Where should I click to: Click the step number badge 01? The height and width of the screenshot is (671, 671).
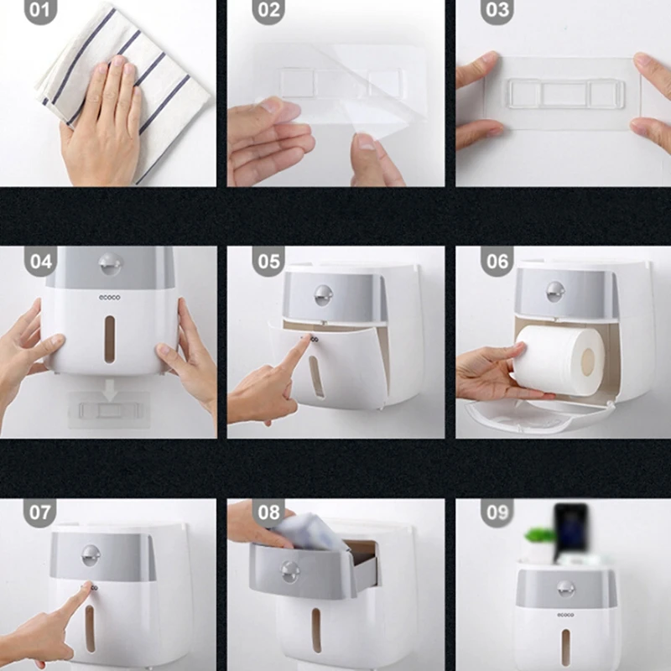tap(40, 10)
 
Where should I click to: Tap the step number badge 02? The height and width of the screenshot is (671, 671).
tap(268, 10)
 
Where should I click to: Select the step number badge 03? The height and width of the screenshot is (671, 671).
tap(497, 10)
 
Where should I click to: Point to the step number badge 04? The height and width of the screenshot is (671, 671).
tap(40, 261)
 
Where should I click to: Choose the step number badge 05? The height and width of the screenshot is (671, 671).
tap(268, 261)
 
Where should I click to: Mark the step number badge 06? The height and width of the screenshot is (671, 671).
tap(497, 261)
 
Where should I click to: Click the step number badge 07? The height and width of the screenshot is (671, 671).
tap(40, 512)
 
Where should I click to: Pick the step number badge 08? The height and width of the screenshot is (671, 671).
tap(268, 512)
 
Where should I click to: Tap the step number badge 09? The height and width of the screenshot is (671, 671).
tap(497, 512)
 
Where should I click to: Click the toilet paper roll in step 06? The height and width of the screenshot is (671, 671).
tap(559, 361)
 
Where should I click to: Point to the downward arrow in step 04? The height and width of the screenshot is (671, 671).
tap(110, 390)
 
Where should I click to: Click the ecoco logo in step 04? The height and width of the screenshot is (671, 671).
tap(110, 298)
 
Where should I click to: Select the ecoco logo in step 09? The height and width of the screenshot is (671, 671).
tap(565, 615)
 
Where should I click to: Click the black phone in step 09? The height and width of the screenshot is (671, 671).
tap(571, 529)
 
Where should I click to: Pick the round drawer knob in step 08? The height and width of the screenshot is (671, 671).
tap(290, 572)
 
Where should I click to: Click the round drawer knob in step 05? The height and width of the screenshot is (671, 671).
tap(323, 295)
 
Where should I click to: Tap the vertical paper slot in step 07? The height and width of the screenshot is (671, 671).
tap(90, 628)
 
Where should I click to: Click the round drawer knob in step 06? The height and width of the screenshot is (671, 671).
tap(555, 292)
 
